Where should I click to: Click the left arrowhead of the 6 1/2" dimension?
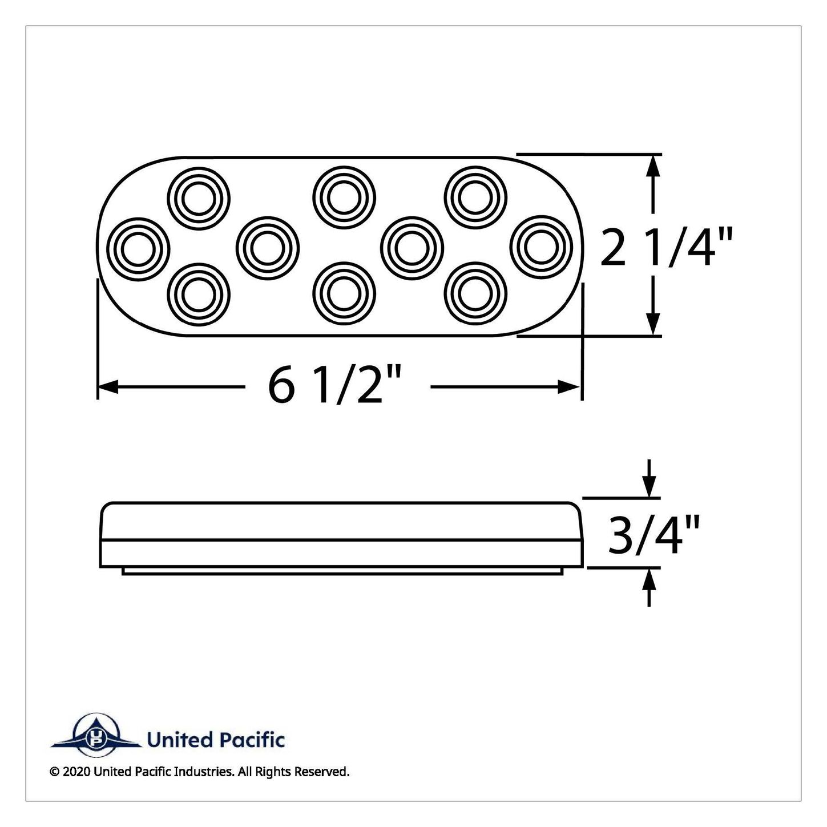click(108, 387)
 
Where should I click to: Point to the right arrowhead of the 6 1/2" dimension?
click(569, 387)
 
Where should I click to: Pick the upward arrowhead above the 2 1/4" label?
click(653, 165)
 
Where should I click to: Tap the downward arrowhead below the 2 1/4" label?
click(653, 324)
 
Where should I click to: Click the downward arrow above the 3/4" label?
click(650, 478)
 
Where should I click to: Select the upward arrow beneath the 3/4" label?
click(650, 587)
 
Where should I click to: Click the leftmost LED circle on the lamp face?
click(138, 249)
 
